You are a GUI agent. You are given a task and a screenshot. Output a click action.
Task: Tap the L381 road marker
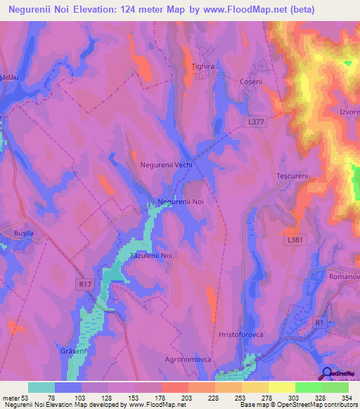click(x=295, y=240)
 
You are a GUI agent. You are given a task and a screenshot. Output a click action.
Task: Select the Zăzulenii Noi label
click(x=150, y=256)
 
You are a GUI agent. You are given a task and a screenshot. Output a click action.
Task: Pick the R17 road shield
click(x=85, y=284)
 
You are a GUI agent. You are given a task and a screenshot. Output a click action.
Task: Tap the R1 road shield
click(x=320, y=323)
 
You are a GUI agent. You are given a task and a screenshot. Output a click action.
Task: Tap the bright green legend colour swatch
click(x=308, y=387)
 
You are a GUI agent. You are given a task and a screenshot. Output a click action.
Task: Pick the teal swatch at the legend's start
click(x=41, y=387)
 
